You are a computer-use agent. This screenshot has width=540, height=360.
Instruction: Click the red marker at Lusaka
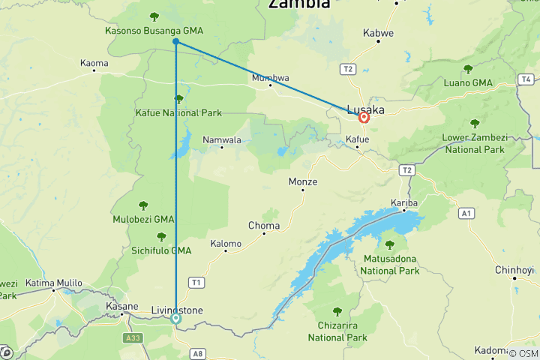(x=364, y=117)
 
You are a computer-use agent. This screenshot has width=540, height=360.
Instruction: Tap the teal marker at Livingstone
(x=176, y=318)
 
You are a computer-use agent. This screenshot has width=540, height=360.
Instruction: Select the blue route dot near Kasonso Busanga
(x=175, y=42)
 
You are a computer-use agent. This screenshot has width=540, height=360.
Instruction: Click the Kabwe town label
(x=378, y=34)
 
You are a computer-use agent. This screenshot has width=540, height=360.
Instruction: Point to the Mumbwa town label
(x=270, y=77)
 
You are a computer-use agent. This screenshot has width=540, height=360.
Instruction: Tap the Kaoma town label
(x=94, y=64)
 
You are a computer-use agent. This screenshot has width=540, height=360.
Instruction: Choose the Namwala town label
(x=222, y=140)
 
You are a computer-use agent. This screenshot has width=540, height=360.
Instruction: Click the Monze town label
(x=303, y=182)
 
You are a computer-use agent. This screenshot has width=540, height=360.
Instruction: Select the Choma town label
(x=264, y=225)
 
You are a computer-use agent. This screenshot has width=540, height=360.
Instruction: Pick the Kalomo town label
(x=226, y=244)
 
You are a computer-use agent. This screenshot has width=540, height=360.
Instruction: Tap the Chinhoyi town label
(x=514, y=269)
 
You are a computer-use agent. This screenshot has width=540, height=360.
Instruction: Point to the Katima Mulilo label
(x=53, y=283)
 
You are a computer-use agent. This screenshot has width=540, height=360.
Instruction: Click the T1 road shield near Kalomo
(x=196, y=282)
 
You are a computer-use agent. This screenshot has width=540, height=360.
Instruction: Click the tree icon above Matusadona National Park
(x=389, y=244)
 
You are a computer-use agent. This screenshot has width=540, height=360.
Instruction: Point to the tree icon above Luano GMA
(x=468, y=69)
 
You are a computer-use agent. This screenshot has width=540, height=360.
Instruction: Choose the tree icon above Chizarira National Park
(x=337, y=311)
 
